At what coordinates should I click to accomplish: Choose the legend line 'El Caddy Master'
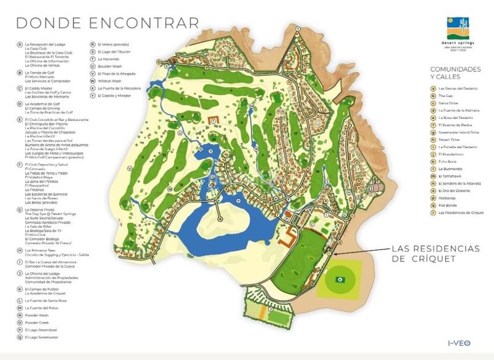click(x=38, y=88)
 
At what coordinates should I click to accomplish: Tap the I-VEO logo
click(x=460, y=343)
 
